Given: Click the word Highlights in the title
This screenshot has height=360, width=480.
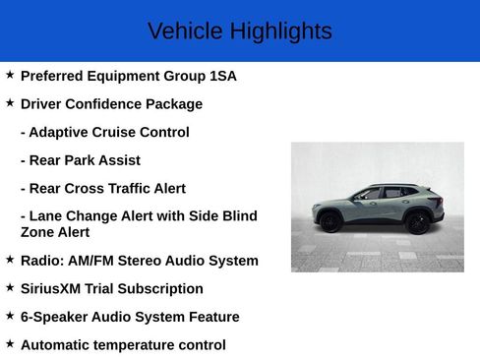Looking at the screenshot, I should (280, 31).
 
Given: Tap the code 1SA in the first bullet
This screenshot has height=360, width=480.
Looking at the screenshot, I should (222, 76).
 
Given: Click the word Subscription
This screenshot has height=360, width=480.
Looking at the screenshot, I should (161, 289).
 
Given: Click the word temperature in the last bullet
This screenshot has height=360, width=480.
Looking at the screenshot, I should (137, 345).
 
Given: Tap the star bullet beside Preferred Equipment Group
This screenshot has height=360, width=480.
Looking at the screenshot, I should (10, 75).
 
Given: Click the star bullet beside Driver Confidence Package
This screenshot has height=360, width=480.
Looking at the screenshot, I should (10, 103).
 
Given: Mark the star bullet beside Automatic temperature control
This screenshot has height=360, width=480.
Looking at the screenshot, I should (10, 344).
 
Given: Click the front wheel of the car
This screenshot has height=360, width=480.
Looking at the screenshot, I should (331, 223).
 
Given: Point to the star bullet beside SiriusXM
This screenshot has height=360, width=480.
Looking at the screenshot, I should (10, 288).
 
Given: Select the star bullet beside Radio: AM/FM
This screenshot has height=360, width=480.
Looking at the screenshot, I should (10, 260).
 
